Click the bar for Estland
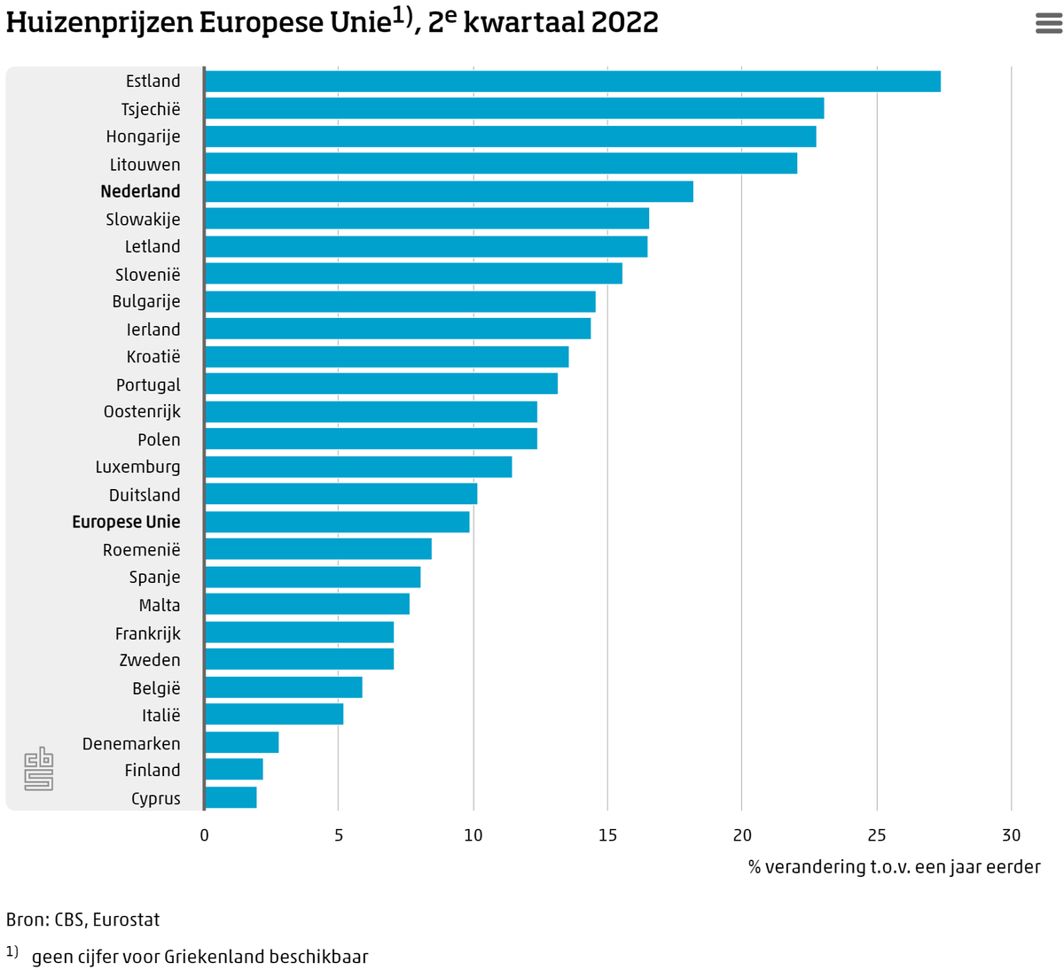coord(572,81)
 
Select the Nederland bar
coord(449,191)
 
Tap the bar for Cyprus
coord(231,797)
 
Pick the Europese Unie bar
coord(337,522)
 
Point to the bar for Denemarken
coord(241,742)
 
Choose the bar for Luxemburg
coord(358,467)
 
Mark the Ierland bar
coord(397,329)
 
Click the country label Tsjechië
coord(151,109)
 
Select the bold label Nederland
coord(141,190)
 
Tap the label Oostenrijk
coord(142,411)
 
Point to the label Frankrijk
coord(148,632)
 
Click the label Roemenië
coord(142,549)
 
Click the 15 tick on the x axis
coord(607,835)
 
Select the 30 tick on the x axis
coord(1011,835)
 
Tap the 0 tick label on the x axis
coord(204,835)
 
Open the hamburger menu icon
coord(1048,23)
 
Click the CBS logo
coord(39,769)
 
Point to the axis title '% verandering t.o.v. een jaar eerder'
coord(894,867)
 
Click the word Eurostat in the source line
coord(126,920)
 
